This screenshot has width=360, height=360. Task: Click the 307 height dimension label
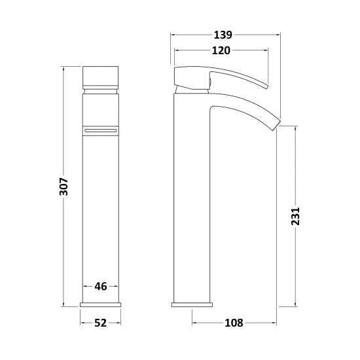[63, 187]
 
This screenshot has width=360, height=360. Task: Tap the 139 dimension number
[223, 35]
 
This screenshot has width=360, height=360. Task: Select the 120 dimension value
[221, 50]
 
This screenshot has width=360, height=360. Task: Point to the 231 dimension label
[295, 216]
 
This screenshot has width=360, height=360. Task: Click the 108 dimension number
[234, 323]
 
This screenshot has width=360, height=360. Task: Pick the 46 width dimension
[101, 286]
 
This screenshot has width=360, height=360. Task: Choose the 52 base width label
[101, 323]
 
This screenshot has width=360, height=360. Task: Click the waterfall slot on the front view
[101, 131]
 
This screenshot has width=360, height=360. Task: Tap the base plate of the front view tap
[101, 304]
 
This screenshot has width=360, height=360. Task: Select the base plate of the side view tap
[192, 304]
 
